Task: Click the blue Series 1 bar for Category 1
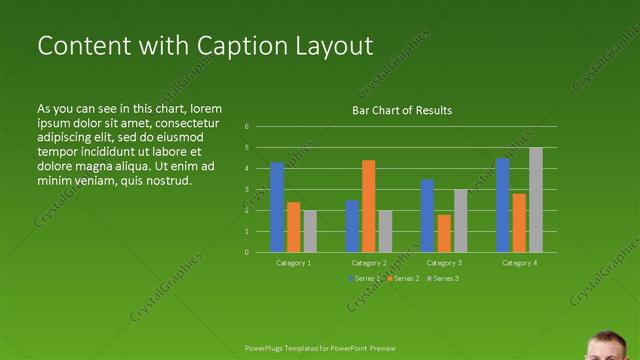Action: [277, 207]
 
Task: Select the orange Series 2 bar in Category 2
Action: [368, 206]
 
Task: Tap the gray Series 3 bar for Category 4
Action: [536, 200]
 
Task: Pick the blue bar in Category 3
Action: [427, 215]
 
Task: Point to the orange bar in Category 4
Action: [519, 222]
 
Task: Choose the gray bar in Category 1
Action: [310, 231]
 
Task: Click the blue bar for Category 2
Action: [352, 226]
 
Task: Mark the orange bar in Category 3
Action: [443, 233]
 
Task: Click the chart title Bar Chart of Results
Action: [402, 110]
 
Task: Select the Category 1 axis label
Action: [293, 262]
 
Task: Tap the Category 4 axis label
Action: [518, 262]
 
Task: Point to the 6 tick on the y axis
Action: [247, 127]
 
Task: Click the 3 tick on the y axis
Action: [247, 189]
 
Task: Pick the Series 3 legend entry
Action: [444, 278]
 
